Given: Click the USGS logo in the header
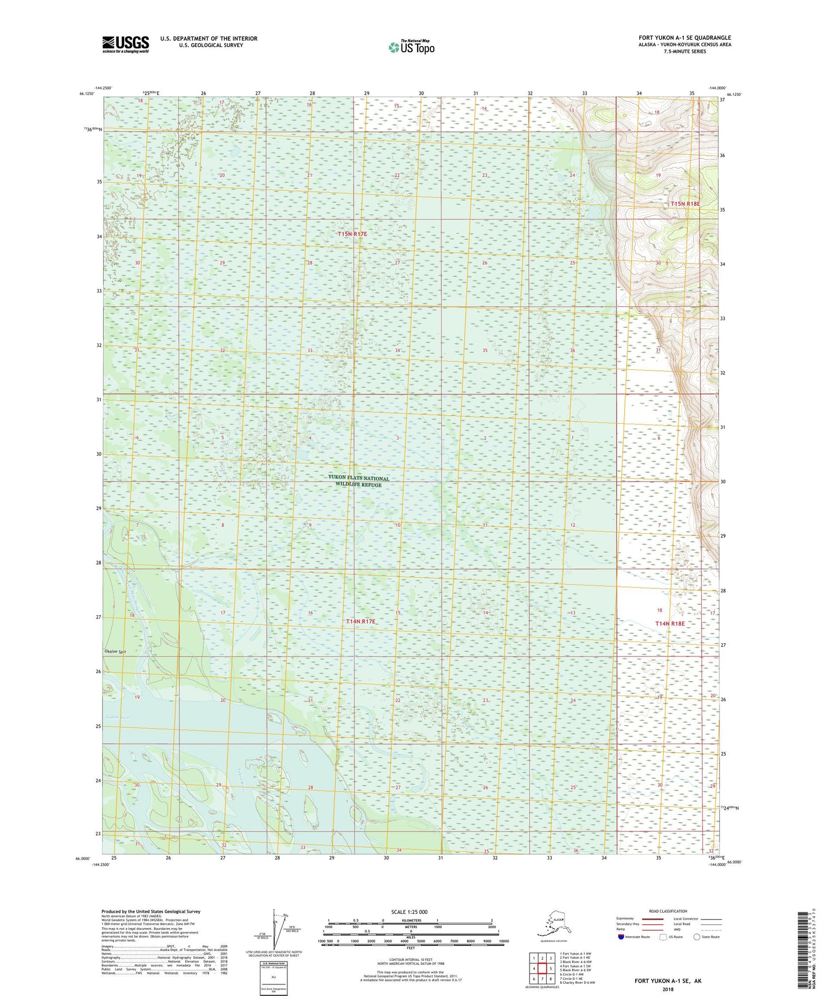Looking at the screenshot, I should [126, 44].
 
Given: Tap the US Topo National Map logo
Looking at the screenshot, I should [411, 47].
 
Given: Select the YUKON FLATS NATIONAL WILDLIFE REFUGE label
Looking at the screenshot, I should [359, 481].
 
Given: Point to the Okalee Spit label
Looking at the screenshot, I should [115, 652].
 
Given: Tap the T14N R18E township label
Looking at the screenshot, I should [670, 623].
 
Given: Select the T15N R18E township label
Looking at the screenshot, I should [685, 204].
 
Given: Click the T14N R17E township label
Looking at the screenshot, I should [360, 621].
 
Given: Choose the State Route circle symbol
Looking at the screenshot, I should [697, 937].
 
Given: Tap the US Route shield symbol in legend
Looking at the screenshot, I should [664, 937].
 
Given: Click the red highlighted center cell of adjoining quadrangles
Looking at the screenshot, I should [542, 969].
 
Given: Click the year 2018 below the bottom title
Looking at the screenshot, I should [667, 989].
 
